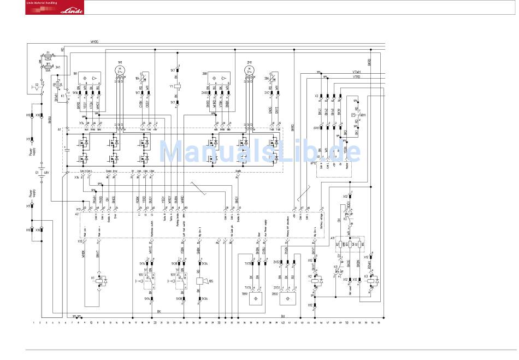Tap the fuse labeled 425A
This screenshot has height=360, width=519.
click(x=48, y=55)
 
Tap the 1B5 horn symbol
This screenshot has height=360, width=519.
click(x=200, y=281)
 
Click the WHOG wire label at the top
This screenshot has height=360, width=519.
click(x=95, y=42)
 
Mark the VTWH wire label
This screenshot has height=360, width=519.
click(x=356, y=72)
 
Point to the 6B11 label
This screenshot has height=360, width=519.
click(x=363, y=116)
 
